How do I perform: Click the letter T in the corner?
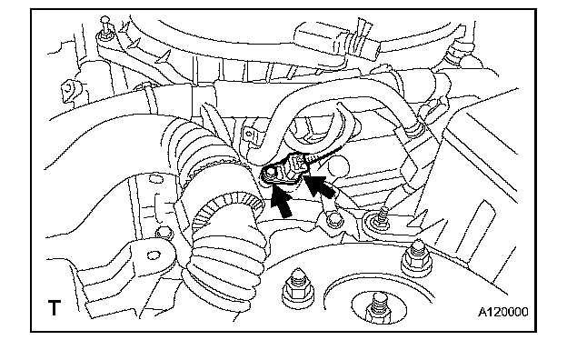(x=55, y=308)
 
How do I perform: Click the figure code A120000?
(x=503, y=312)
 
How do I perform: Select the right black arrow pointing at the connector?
(x=318, y=185)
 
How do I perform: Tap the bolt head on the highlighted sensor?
(x=270, y=174)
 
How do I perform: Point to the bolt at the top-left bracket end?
(x=104, y=28)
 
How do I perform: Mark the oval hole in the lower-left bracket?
(x=154, y=255)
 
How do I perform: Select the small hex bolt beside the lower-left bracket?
(x=164, y=233)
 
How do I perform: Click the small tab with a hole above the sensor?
(x=250, y=135)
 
